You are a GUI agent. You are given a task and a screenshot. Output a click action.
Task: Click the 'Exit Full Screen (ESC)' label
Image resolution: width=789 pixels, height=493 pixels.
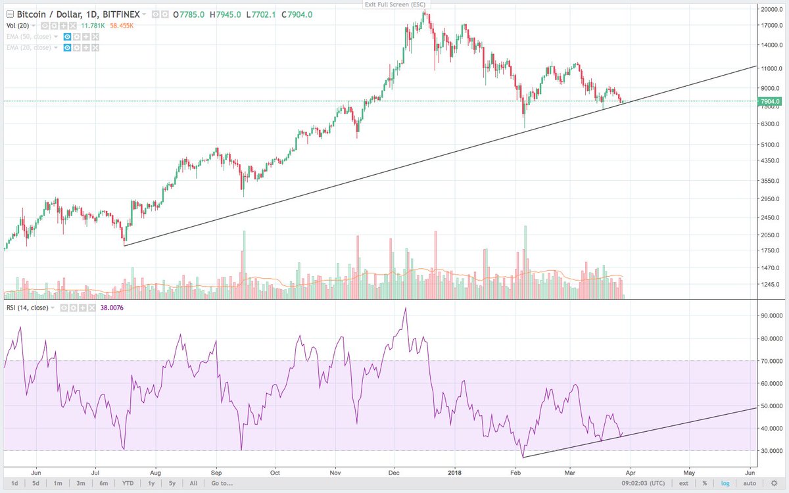pos(394,5)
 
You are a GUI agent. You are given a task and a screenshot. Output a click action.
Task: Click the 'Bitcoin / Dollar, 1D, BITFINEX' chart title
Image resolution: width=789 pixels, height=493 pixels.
pos(73,14)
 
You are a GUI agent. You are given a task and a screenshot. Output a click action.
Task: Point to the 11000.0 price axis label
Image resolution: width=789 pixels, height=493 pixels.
pos(769,68)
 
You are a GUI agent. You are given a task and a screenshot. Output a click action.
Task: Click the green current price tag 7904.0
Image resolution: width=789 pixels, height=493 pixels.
pos(769,101)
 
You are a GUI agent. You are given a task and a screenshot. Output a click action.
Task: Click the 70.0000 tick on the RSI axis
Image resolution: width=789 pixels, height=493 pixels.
pos(769,361)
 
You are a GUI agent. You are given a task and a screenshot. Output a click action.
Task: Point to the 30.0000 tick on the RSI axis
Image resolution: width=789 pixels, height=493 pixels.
pos(769,451)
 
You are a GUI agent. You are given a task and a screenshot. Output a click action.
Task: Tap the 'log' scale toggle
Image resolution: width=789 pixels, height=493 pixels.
pos(725,483)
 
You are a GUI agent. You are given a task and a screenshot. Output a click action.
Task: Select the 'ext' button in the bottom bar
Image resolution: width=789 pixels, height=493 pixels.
pos(684,483)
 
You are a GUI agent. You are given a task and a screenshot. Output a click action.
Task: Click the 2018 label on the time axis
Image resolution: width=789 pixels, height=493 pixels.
pos(452,472)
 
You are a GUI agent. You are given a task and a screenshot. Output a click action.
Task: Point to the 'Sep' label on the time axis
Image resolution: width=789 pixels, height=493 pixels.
pos(216,472)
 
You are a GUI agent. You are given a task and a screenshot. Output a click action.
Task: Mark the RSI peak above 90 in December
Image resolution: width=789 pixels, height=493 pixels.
pos(406,308)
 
